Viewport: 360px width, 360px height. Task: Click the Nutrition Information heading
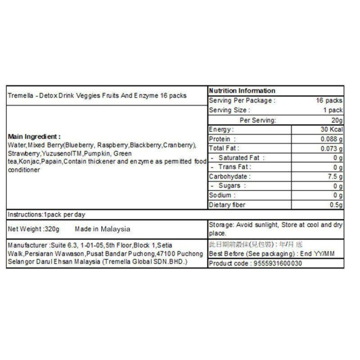coord(242,91)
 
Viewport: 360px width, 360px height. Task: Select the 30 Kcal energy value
coord(332,130)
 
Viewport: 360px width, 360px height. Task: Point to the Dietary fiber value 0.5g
coord(335,205)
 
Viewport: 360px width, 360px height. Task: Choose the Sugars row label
coord(229,186)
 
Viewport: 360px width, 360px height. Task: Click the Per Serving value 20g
coord(337,120)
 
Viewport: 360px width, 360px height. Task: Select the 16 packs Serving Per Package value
coord(329,101)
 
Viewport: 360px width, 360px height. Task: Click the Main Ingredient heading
coord(34,137)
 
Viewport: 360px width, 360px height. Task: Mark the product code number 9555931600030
coord(278,263)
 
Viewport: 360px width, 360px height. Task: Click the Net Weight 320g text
coord(34,229)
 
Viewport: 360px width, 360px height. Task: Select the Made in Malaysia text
coord(102,229)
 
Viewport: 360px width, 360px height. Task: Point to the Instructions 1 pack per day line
coord(47,215)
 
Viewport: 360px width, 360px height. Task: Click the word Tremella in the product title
coord(20,96)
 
